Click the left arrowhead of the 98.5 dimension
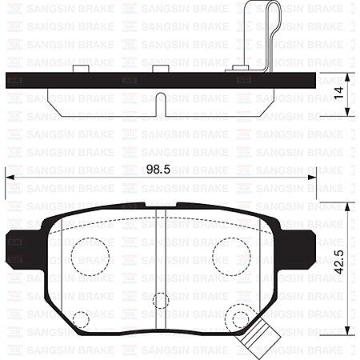point(9,178)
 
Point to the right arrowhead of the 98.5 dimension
point(318,178)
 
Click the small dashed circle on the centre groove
point(160,301)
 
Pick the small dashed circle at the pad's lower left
point(81,321)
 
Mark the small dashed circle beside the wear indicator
point(236,319)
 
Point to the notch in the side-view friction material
point(160,102)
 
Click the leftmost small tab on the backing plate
point(79,69)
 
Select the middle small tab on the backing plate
point(160,69)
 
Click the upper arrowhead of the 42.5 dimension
point(347,205)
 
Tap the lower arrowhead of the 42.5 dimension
point(347,341)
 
